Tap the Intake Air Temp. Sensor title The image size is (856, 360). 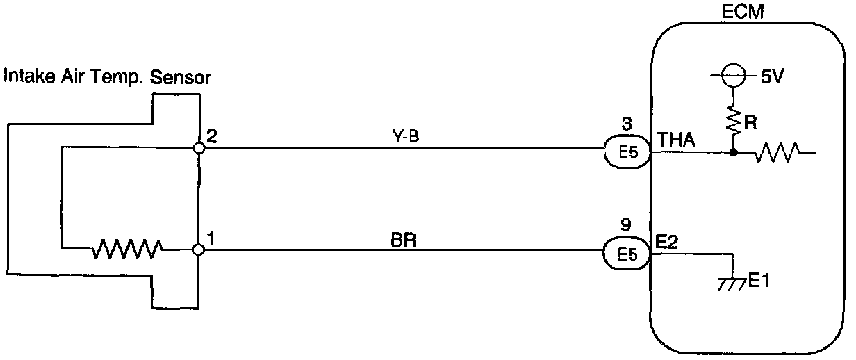(x=107, y=77)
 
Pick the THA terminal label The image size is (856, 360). (x=675, y=140)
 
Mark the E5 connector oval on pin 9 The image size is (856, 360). (x=627, y=253)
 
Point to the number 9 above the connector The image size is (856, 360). (x=627, y=225)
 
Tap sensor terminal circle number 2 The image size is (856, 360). (x=199, y=147)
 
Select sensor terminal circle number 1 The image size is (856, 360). (x=199, y=249)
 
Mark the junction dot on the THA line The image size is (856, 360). (x=733, y=152)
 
